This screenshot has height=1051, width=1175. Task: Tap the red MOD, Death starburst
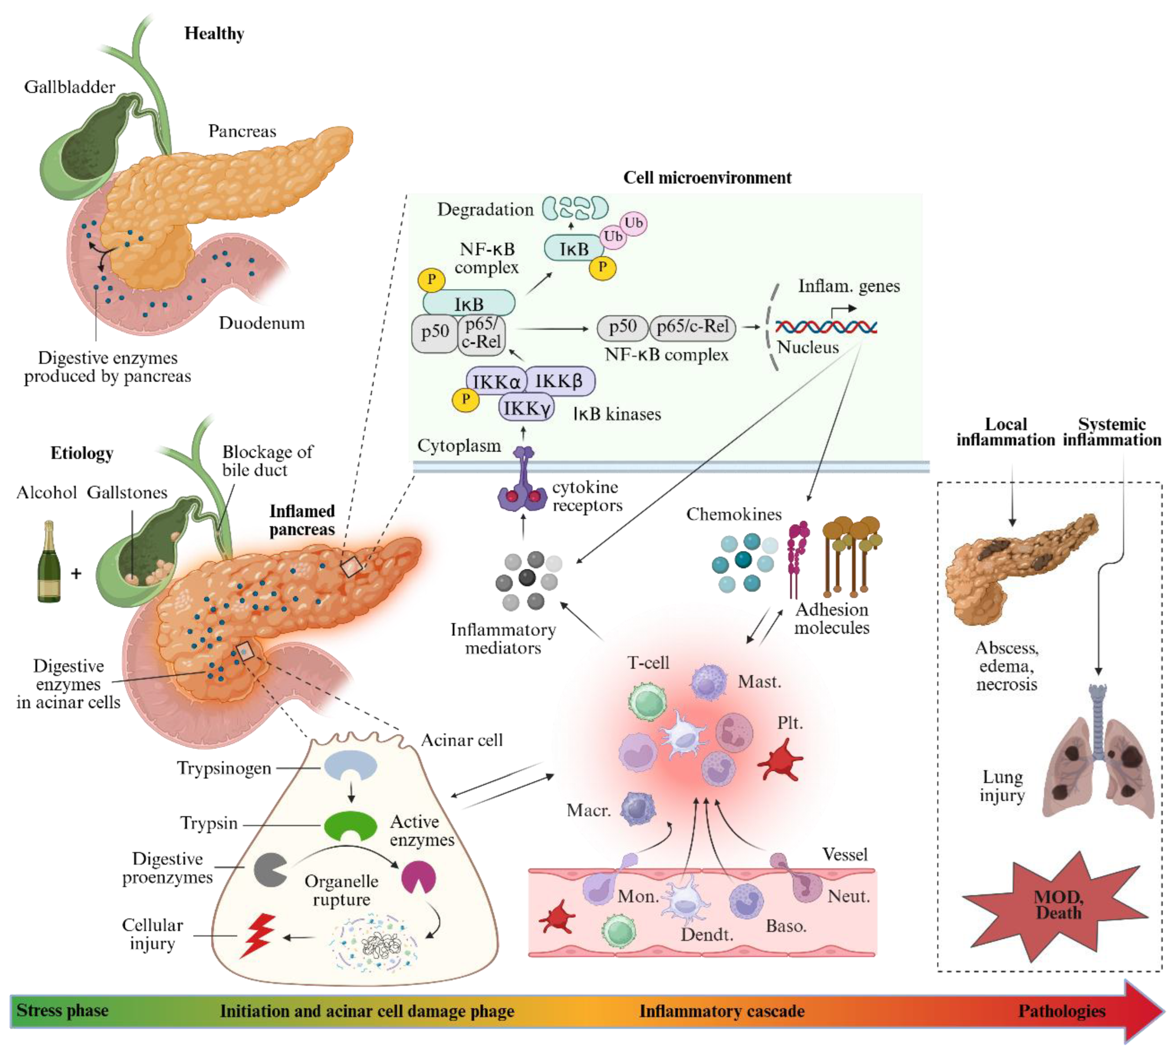coord(1057,905)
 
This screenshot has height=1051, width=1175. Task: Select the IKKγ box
coord(526,408)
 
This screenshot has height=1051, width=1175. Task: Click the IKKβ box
coord(559,381)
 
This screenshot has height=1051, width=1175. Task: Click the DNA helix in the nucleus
coord(826,327)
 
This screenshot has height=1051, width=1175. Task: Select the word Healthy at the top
coord(214,33)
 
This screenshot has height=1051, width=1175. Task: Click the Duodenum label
coord(262,323)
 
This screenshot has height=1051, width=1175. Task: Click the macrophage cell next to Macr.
coord(638,808)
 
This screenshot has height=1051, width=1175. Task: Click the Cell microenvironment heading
coord(707,178)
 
